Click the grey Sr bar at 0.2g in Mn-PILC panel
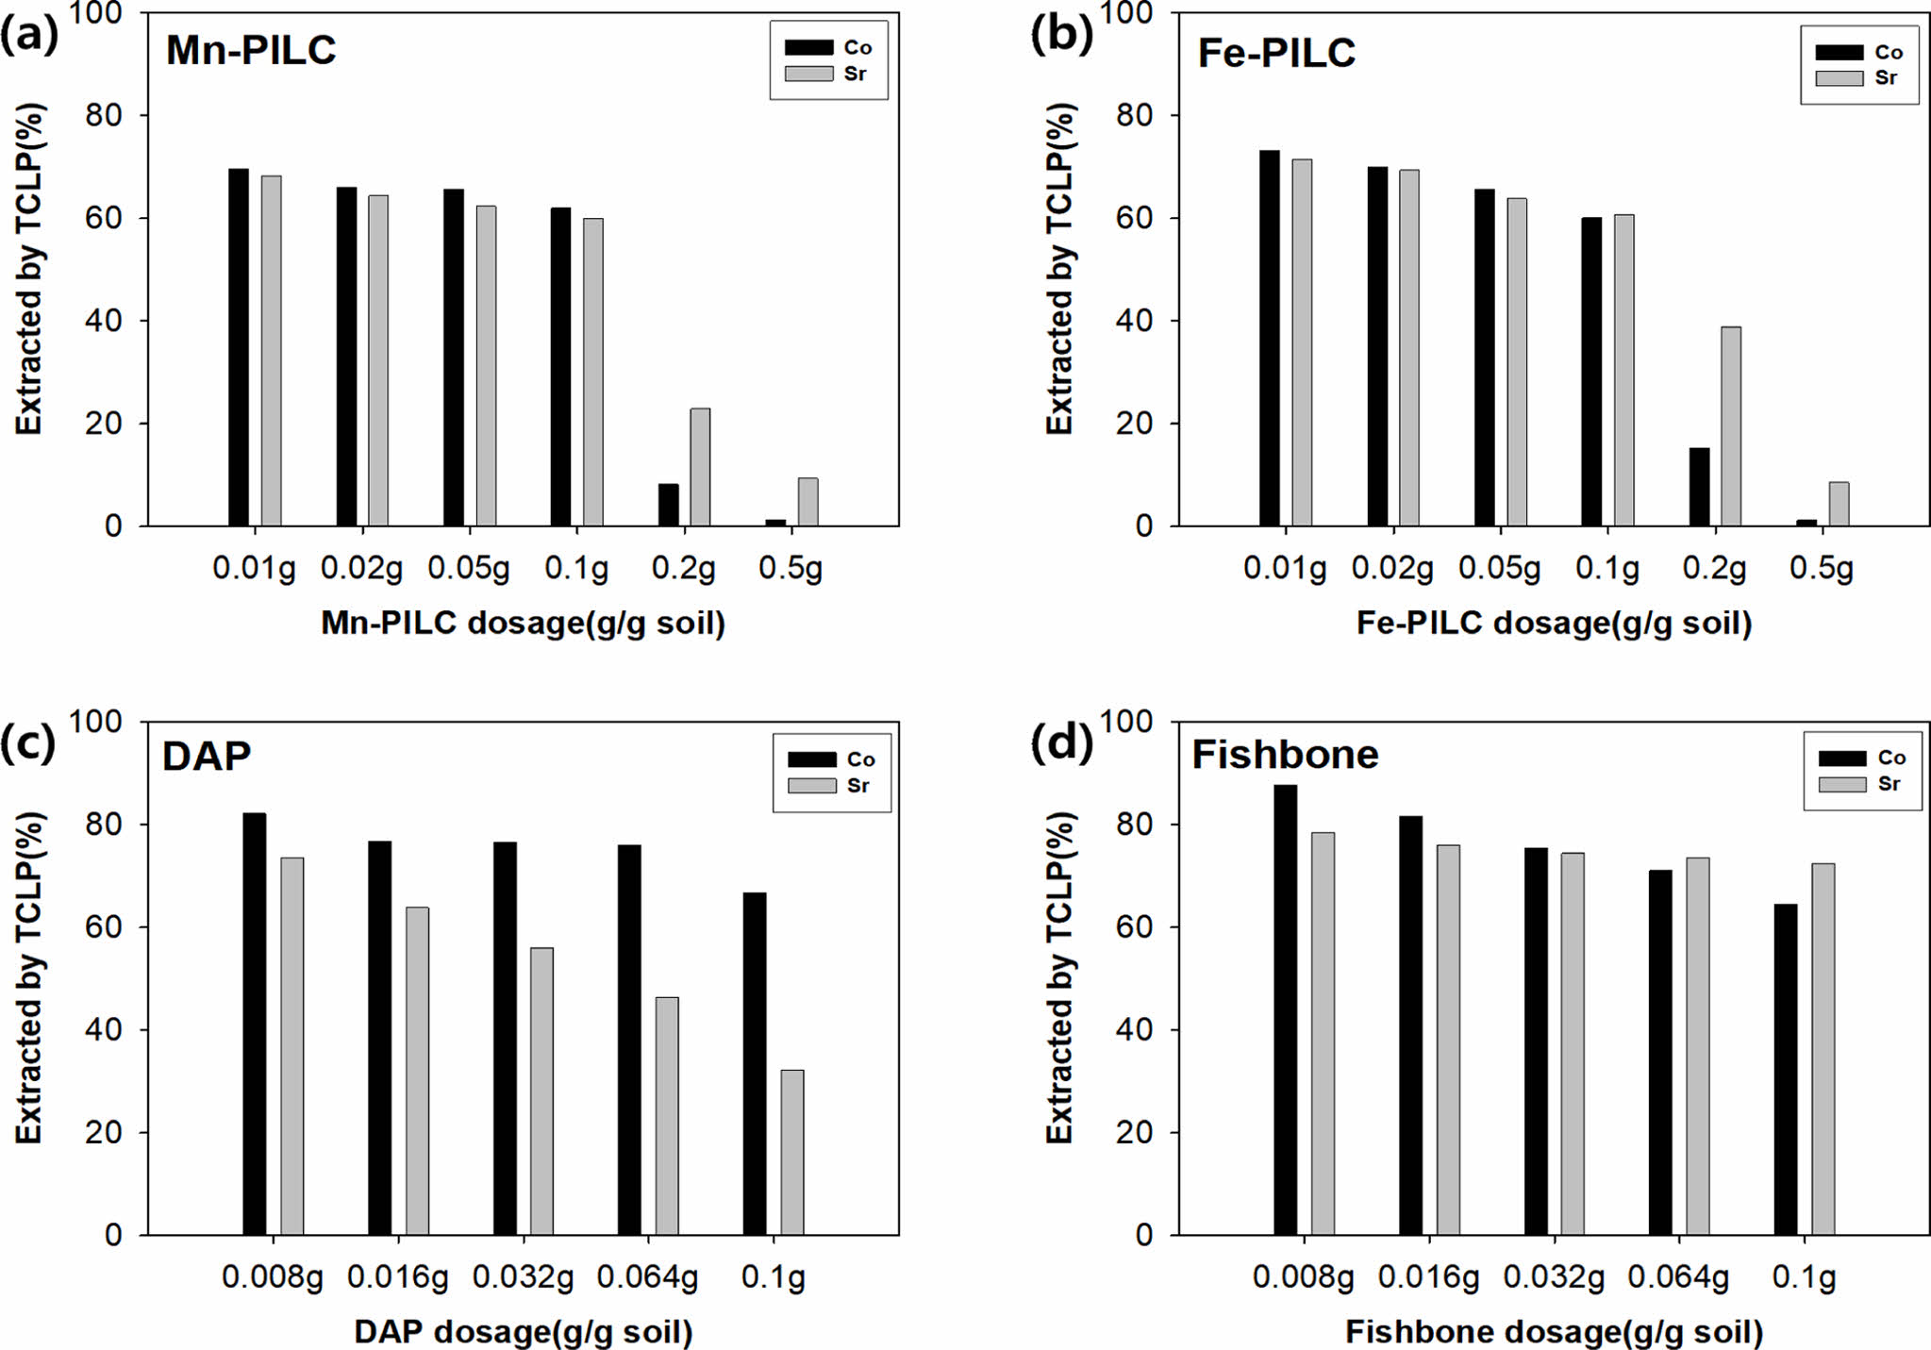pyautogui.click(x=700, y=467)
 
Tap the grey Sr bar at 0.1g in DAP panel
pyautogui.click(x=792, y=1152)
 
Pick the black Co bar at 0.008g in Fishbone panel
pyautogui.click(x=1285, y=1009)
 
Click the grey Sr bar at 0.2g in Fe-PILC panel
pyautogui.click(x=1731, y=426)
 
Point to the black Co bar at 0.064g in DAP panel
pyautogui.click(x=629, y=1040)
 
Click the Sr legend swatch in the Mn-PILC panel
pyautogui.click(x=808, y=74)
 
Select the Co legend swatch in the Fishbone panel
pyautogui.click(x=1841, y=758)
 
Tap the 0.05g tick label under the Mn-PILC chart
pyautogui.click(x=469, y=569)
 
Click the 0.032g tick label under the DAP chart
pyautogui.click(x=523, y=1277)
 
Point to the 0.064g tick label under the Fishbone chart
pyautogui.click(x=1678, y=1277)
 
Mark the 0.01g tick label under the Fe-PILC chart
pyautogui.click(x=1285, y=569)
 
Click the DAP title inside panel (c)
pyautogui.click(x=207, y=757)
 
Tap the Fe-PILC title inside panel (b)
pyautogui.click(x=1276, y=53)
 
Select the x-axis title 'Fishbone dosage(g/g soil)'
pyautogui.click(x=1554, y=1331)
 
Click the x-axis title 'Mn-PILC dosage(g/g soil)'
pyautogui.click(x=523, y=623)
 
